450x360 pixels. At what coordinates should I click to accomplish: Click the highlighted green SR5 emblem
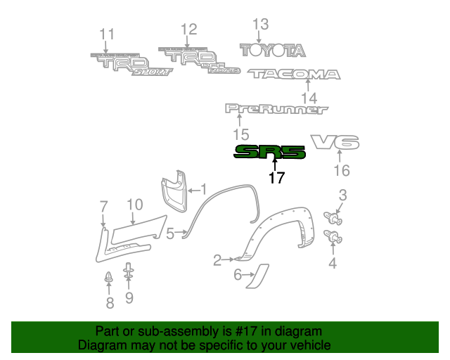coord(270,152)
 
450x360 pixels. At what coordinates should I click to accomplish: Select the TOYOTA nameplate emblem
coord(273,51)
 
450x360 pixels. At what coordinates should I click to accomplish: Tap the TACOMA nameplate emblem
coord(293,74)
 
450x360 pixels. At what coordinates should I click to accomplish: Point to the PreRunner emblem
coord(276,109)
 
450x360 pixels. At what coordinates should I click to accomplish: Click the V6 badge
coord(335,143)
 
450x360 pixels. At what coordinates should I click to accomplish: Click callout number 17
coord(276,178)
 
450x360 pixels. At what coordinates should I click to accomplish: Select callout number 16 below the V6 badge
coord(341,170)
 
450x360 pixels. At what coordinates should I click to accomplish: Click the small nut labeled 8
coord(109,278)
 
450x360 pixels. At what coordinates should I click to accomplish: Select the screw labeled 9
coord(129,272)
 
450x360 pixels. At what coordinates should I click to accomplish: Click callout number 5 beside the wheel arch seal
coord(169,234)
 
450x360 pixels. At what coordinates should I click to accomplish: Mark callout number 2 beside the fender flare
coord(217,261)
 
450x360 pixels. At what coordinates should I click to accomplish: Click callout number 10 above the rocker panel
coord(134,205)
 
